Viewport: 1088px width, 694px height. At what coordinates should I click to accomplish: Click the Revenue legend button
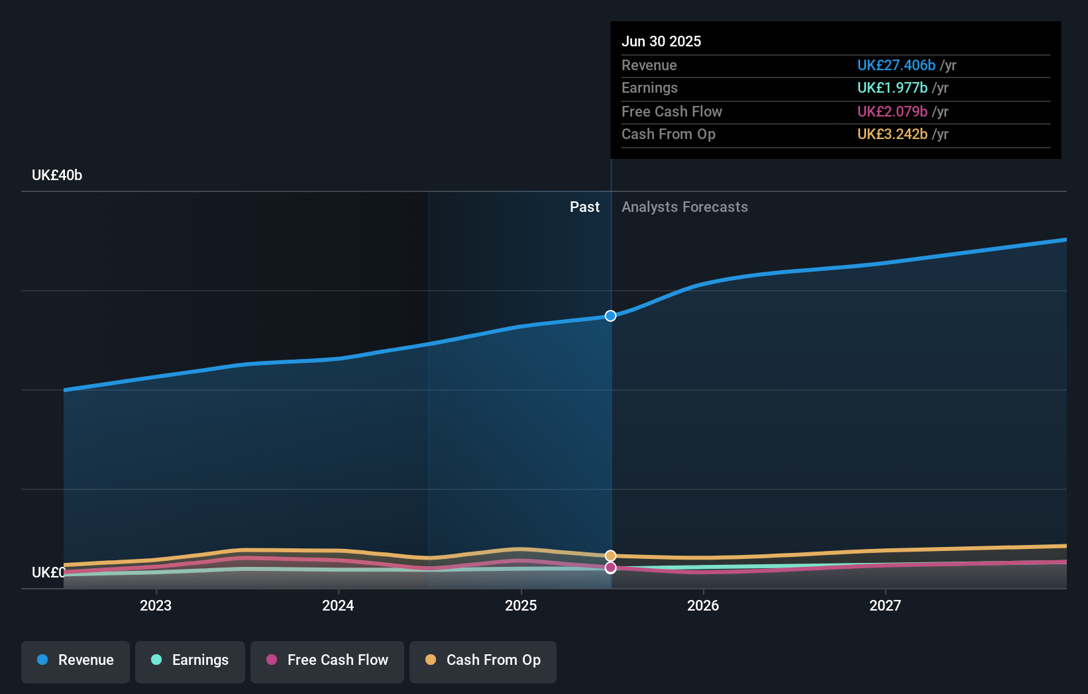76,660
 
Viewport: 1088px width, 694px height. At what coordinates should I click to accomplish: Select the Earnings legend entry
190,660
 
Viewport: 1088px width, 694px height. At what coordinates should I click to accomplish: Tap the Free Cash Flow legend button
327,660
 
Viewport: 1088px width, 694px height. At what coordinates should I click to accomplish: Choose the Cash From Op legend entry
483,660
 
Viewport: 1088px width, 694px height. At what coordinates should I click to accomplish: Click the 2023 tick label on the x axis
156,605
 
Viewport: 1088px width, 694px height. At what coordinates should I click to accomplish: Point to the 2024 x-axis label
338,605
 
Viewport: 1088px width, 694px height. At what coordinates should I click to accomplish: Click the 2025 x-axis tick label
521,605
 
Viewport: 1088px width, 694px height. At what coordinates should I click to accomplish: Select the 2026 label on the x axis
703,605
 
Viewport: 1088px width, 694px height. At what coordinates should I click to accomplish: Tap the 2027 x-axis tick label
885,605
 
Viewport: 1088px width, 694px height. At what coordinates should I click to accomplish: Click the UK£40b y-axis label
57,175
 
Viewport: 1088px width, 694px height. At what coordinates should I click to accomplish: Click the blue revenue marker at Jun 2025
610,316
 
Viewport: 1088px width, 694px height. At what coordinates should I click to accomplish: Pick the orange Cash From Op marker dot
610,556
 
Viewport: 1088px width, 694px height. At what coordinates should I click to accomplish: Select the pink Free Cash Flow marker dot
610,568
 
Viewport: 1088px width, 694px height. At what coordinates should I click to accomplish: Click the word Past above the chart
584,207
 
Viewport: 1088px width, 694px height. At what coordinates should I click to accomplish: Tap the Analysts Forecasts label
684,207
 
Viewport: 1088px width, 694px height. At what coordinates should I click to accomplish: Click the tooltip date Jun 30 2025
661,41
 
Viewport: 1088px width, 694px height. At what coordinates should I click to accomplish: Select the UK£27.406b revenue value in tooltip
896,65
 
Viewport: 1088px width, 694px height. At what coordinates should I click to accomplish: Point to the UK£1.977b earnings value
892,88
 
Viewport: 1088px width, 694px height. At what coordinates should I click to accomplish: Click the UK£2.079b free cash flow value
892,111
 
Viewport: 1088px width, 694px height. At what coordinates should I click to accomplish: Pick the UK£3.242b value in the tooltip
892,134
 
